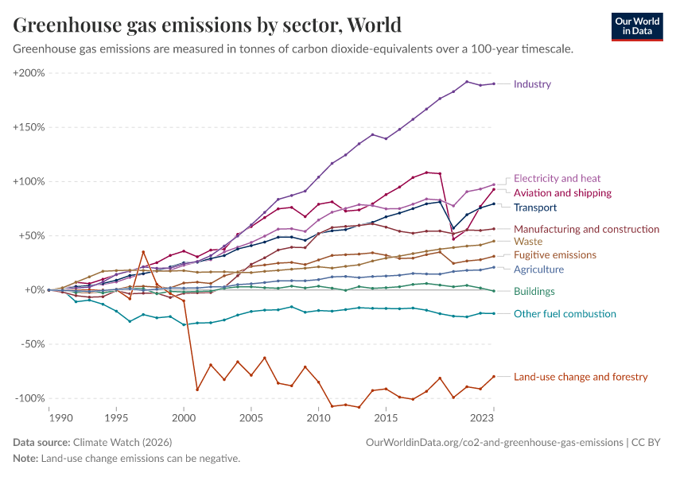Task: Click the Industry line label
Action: point(532,84)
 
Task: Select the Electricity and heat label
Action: point(557,179)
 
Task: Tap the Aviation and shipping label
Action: point(562,193)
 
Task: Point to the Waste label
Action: point(528,241)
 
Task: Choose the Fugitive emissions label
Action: point(554,255)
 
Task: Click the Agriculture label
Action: point(538,270)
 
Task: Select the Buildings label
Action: point(534,292)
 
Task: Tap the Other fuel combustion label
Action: point(565,314)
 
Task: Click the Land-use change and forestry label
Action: point(581,377)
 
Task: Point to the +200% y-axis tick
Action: point(29,73)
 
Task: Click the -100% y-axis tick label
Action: point(29,398)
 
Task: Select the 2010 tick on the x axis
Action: point(319,417)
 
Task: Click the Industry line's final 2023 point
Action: point(494,83)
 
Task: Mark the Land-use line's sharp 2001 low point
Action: point(197,390)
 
